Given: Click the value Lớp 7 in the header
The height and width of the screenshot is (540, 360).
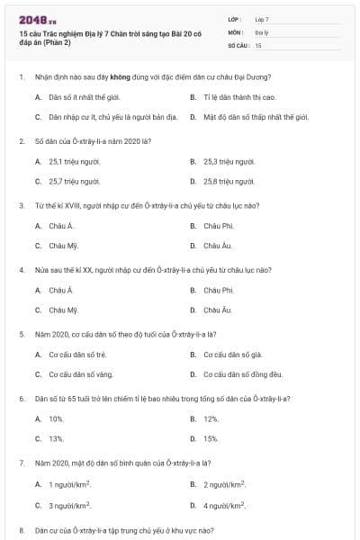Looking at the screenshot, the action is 262,19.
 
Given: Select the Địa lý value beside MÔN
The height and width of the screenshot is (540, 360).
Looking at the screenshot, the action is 261,31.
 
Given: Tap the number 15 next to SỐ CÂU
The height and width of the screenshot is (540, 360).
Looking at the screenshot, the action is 258,44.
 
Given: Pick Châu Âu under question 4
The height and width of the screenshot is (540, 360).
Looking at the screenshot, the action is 218,310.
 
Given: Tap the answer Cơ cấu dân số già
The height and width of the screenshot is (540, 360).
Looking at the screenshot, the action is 231,354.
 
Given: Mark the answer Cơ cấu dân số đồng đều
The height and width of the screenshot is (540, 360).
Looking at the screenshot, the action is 243,373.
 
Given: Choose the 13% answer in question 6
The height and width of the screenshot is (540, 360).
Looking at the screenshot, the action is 57,438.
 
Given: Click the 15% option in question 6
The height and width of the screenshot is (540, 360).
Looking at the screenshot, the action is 211,438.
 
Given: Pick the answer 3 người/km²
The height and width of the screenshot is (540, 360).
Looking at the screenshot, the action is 70,506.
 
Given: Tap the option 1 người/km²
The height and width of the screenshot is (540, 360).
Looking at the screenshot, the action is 70,485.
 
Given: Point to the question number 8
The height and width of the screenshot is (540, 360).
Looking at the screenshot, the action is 21,530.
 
